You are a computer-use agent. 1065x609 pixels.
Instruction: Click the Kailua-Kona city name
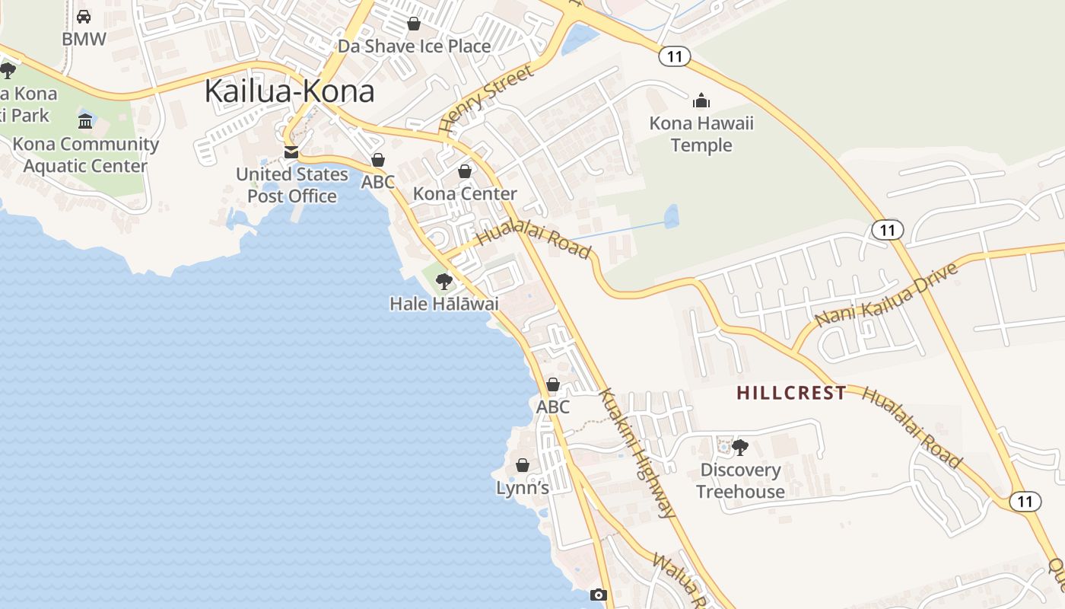pos(290,91)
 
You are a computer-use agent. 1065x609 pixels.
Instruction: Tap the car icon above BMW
pos(84,16)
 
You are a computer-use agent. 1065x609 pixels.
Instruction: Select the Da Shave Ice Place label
pos(414,46)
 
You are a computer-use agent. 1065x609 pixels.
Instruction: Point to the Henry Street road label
pos(486,100)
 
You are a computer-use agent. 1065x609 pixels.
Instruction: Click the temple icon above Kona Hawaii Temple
pos(701,100)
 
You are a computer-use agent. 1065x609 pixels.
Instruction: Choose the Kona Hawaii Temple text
pos(701,134)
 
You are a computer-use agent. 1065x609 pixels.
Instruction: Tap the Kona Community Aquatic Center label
pos(86,155)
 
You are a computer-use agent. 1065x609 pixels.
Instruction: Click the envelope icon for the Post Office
pos(291,152)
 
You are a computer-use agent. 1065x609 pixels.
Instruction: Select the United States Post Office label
pos(291,185)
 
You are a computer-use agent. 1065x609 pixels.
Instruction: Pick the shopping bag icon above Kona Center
pos(465,172)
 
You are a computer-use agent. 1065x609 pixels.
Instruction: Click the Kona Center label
pos(465,194)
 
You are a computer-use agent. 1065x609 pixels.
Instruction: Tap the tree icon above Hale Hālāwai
pos(444,282)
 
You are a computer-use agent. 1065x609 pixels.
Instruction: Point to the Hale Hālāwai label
pos(444,304)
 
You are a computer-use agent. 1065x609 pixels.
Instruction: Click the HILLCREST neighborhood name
pos(791,393)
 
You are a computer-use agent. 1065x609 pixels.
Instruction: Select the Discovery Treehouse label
pos(740,480)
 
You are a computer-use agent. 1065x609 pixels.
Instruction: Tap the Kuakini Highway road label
pos(637,454)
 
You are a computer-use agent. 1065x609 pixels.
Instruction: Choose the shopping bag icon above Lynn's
pos(523,465)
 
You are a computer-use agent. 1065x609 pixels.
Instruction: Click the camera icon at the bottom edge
pos(599,595)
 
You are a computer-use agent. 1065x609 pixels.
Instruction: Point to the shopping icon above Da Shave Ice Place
pos(414,24)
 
